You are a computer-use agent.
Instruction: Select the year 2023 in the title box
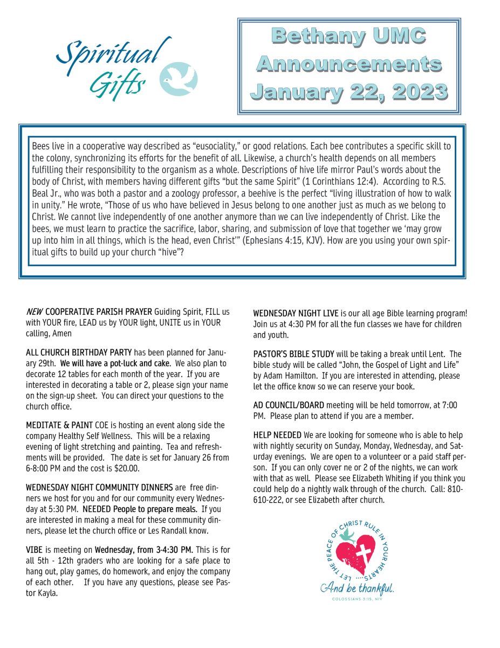coord(416,92)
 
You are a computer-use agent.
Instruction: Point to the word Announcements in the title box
coord(348,64)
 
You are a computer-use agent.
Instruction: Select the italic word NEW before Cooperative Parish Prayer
coord(34,313)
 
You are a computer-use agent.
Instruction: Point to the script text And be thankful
coord(357,588)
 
